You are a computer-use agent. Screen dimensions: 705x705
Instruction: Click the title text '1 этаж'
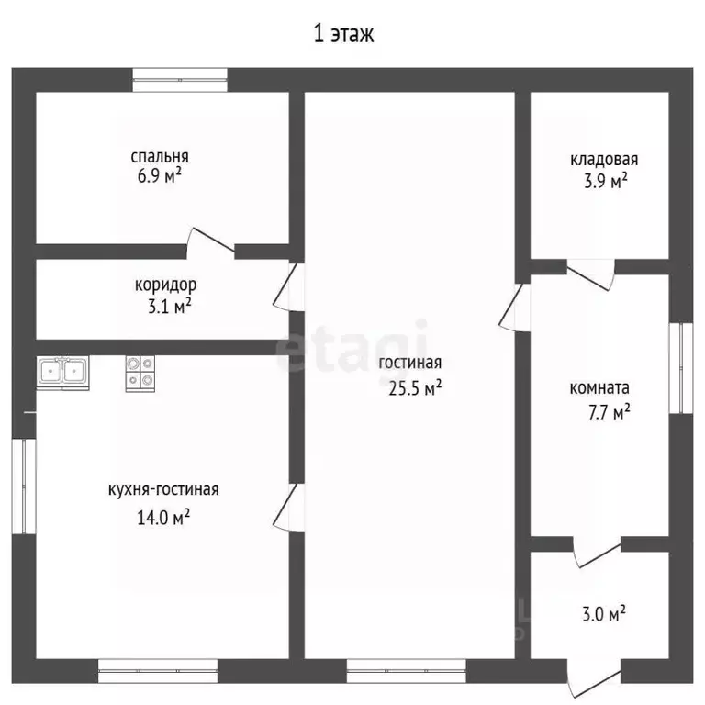(343, 34)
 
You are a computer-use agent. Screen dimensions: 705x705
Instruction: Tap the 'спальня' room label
(160, 156)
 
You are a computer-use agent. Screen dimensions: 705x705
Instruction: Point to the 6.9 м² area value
(160, 175)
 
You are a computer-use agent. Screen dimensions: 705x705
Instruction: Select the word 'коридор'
(165, 285)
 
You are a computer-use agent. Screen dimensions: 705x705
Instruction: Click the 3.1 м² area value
(170, 307)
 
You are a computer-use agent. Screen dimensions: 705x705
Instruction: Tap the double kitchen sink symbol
(63, 373)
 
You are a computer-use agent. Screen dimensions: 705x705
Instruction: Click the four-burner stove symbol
(140, 374)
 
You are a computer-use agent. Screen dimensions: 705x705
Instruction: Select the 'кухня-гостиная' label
(163, 489)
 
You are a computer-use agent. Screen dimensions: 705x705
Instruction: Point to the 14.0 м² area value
(163, 518)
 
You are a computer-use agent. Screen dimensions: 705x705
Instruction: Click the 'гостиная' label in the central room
(410, 363)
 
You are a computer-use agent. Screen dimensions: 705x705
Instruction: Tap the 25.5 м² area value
(415, 387)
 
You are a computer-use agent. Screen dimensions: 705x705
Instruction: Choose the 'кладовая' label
(604, 160)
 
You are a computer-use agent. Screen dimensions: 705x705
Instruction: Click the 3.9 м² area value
(606, 181)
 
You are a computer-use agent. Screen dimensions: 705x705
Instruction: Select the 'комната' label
(599, 388)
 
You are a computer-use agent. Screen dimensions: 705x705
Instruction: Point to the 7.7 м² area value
(610, 412)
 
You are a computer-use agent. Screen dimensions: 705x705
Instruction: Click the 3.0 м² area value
(604, 614)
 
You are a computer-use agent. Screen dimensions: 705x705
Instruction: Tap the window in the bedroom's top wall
(180, 80)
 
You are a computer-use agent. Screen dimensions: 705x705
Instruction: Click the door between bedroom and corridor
(210, 243)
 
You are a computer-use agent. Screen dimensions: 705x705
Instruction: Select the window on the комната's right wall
(681, 368)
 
